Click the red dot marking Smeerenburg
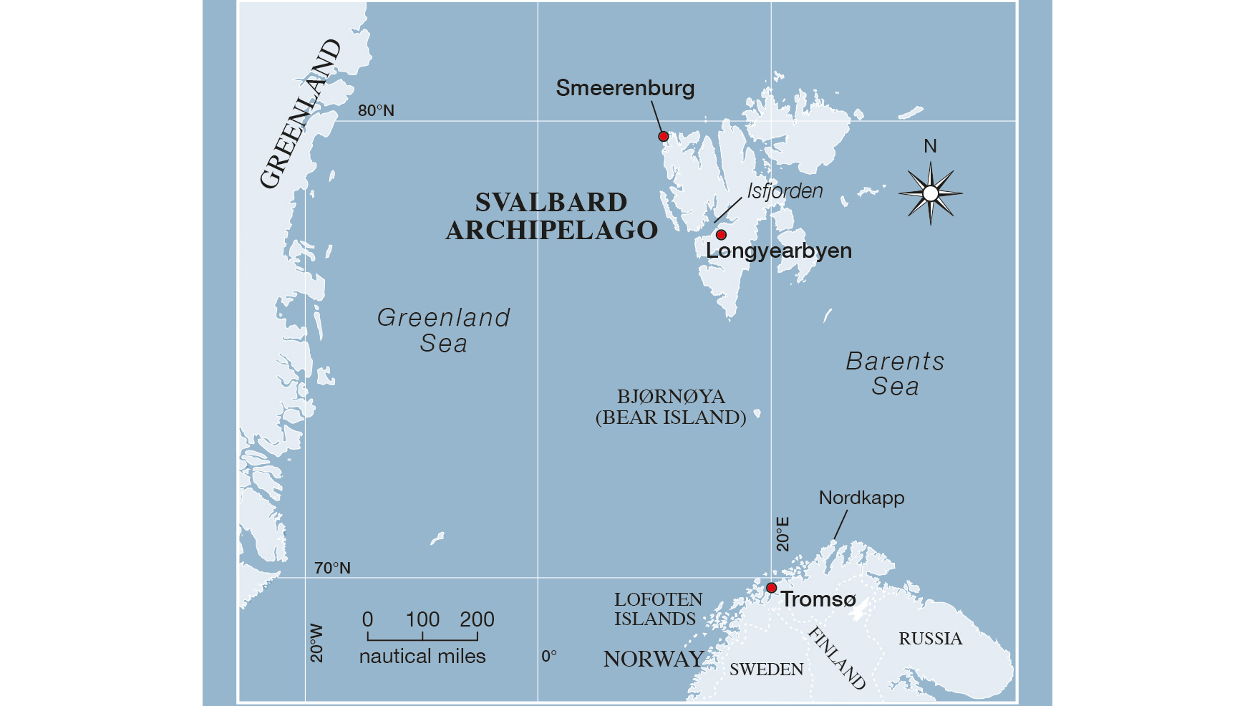coord(663,136)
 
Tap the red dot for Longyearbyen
coord(721,235)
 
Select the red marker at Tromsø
coord(771,588)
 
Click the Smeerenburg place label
coord(625,88)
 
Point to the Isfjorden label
coord(785,191)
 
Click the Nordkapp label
coord(861,498)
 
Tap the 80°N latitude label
coord(376,111)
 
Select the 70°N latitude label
coord(332,569)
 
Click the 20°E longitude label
coord(782,534)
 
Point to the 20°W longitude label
coord(316,643)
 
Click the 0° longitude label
coord(548,657)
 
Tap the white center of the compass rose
coord(930,193)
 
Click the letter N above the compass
coord(930,147)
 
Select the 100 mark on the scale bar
coord(422,620)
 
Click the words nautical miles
coord(422,657)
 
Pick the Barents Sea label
coord(895,374)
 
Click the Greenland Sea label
coord(444,330)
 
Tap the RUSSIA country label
coord(930,639)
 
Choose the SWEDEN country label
coord(766,669)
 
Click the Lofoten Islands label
coord(658,609)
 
